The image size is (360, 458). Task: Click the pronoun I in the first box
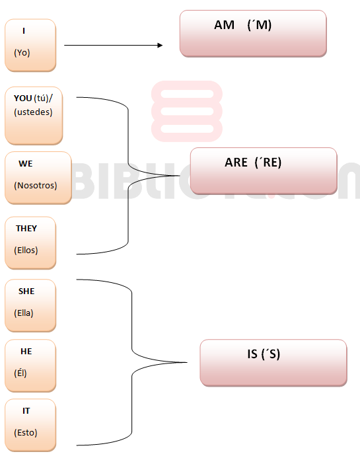(24, 30)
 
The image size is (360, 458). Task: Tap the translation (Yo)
(22, 53)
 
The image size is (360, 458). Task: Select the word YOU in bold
(22, 98)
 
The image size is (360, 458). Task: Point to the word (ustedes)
(33, 112)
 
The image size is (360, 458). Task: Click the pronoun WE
(26, 164)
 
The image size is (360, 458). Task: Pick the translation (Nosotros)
(36, 186)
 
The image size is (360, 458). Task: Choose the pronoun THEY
(26, 229)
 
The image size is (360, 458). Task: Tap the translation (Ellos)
(26, 250)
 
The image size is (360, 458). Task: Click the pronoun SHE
(26, 291)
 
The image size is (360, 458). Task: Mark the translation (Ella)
(24, 313)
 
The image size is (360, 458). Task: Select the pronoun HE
(26, 352)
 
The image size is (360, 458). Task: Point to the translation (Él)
(20, 373)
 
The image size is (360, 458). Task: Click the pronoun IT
(26, 411)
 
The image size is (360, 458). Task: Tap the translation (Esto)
(26, 433)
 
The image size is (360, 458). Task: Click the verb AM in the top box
(224, 25)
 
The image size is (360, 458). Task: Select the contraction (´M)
(260, 25)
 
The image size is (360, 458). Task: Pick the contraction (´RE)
(268, 163)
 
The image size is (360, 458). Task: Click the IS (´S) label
(264, 354)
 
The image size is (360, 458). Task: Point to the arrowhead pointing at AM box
(161, 46)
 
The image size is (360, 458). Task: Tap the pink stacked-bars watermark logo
(187, 111)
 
